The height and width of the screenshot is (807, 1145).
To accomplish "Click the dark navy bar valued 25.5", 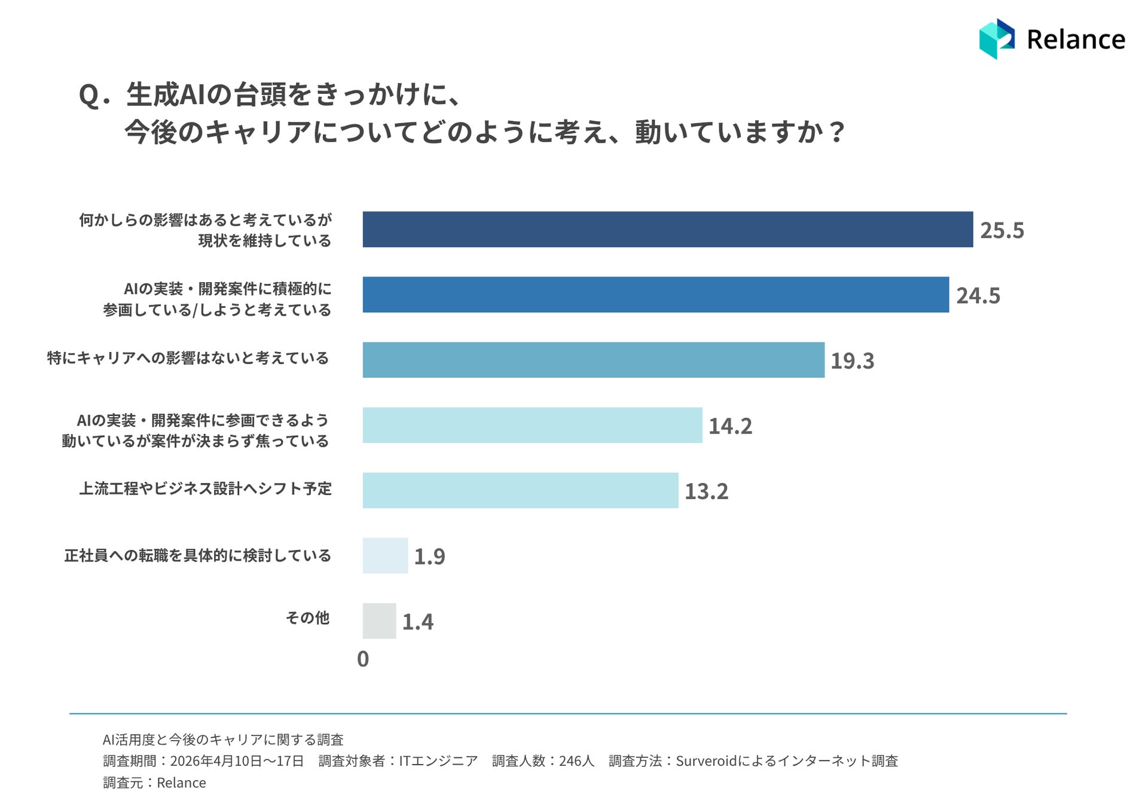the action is [667, 229].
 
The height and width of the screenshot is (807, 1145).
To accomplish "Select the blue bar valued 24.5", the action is [655, 294].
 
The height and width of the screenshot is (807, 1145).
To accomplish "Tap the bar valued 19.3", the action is [593, 360].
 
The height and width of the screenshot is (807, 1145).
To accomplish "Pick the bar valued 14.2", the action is [532, 425].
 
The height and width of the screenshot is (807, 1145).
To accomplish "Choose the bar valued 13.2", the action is [520, 490].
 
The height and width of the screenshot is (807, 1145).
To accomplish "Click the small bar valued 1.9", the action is [385, 555].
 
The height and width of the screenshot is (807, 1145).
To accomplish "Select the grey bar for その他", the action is [379, 620].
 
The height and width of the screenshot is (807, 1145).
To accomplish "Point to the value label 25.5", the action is [1002, 230].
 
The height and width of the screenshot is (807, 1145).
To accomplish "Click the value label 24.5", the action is [978, 295].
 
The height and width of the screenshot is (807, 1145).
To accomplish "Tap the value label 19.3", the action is [852, 360].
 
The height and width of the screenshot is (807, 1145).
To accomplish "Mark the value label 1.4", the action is [417, 622].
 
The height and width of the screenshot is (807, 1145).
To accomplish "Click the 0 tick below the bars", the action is [363, 659].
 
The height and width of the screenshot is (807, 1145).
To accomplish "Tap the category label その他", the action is [307, 618].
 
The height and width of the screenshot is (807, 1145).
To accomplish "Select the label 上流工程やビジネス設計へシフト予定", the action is [205, 488].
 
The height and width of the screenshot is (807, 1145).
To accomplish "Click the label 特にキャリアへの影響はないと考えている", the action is [188, 358].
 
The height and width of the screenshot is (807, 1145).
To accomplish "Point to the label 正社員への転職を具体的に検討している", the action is [197, 555].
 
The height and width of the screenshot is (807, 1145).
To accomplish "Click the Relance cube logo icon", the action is [997, 39].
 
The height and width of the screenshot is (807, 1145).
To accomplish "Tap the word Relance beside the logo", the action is [1076, 39].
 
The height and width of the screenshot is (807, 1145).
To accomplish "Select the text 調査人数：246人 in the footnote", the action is [543, 761].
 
